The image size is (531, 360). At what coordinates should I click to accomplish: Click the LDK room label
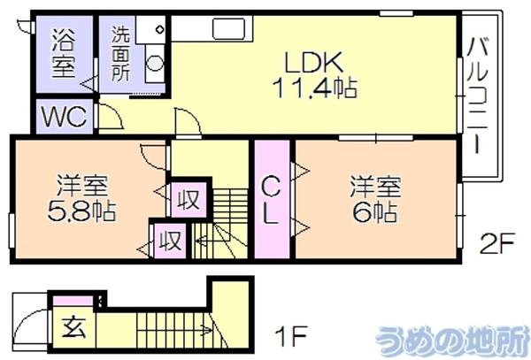(313, 63)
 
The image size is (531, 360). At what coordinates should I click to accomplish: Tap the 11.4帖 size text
(316, 88)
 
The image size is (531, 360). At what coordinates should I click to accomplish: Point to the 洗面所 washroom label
(121, 53)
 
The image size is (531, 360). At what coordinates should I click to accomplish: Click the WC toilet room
(65, 117)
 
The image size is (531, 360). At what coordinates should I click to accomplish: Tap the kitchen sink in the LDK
(228, 29)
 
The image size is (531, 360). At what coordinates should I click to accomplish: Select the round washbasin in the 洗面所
(155, 63)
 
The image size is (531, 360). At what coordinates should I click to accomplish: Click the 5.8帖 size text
(81, 211)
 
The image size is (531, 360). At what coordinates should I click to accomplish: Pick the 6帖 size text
(375, 212)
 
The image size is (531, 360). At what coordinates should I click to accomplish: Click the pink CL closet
(272, 199)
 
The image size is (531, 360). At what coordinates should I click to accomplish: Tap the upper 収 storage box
(189, 200)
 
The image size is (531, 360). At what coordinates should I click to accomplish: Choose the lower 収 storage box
(170, 241)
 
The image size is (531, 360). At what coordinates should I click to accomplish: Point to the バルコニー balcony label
(477, 96)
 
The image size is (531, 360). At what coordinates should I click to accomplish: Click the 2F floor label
(497, 243)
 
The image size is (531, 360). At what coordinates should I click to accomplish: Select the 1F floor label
(291, 335)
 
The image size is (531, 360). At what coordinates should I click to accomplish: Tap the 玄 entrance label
(73, 327)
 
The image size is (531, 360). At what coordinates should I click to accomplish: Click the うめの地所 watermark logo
(452, 340)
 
